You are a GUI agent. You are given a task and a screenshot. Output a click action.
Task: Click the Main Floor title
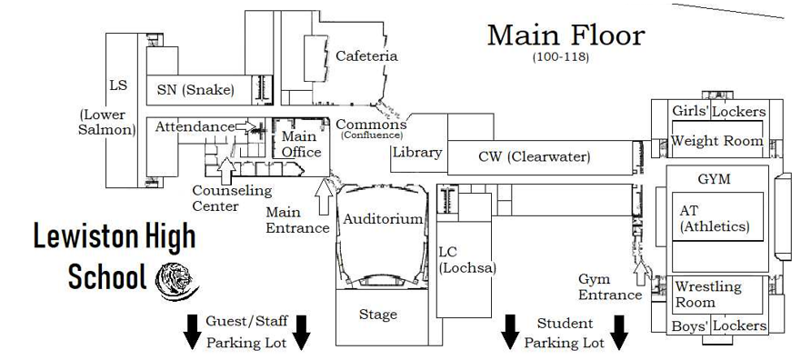[566, 35]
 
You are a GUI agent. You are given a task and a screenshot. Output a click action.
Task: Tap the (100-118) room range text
[561, 57]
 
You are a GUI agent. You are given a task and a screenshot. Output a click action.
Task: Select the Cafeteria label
[366, 56]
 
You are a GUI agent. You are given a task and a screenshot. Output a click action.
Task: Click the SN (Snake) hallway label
[195, 89]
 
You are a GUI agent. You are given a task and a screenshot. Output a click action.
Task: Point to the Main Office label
[301, 145]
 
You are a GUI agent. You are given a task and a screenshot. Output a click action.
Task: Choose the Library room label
[416, 153]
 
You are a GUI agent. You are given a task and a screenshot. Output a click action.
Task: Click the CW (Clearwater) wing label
[534, 157]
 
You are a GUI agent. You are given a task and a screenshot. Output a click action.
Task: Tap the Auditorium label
[382, 219]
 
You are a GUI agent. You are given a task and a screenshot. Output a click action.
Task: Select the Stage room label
[377, 315]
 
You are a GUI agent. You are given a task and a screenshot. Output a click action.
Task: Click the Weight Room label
[716, 141]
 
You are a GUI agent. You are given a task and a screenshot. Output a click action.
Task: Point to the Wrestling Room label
[707, 294]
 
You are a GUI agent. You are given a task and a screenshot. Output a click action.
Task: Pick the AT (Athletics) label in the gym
[714, 218]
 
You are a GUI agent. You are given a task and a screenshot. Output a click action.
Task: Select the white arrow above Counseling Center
[225, 166]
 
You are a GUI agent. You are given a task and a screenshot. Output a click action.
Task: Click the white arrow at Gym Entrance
[642, 270]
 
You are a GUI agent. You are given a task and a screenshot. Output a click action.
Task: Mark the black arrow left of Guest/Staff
[192, 332]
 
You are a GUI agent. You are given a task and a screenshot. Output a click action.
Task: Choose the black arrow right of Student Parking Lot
[619, 332]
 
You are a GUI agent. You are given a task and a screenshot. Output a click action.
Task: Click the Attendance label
[194, 127]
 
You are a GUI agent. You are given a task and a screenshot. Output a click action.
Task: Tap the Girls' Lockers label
[718, 112]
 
